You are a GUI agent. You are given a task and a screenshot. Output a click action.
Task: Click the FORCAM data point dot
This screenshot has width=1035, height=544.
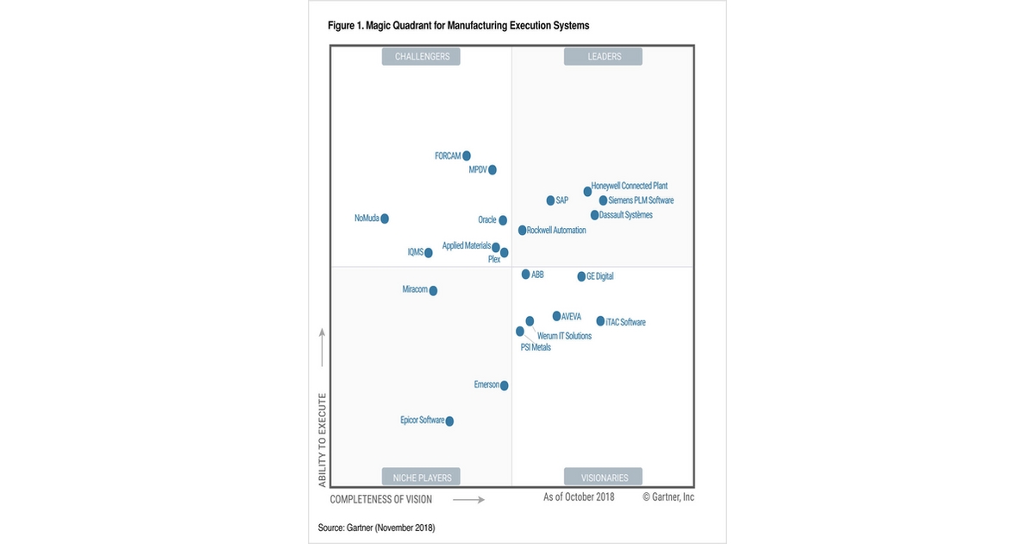pyautogui.click(x=467, y=156)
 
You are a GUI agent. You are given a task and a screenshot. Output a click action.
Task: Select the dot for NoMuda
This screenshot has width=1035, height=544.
pyautogui.click(x=385, y=218)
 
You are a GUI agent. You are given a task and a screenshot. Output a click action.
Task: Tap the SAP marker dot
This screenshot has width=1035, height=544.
pyautogui.click(x=550, y=200)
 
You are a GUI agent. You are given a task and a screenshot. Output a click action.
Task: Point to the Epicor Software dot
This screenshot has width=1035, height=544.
pyautogui.click(x=449, y=421)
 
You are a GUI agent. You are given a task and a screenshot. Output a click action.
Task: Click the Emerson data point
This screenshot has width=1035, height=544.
pyautogui.click(x=505, y=385)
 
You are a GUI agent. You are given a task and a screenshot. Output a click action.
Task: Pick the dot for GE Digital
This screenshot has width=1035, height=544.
pyautogui.click(x=581, y=276)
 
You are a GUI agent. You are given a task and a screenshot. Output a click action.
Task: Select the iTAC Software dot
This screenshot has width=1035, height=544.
pyautogui.click(x=600, y=321)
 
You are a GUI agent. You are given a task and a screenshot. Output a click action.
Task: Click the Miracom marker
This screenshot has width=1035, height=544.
pyautogui.click(x=433, y=291)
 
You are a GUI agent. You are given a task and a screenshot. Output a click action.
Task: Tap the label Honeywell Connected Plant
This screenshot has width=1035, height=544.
pyautogui.click(x=630, y=186)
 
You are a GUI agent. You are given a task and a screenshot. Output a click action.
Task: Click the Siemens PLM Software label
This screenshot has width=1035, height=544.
pyautogui.click(x=641, y=200)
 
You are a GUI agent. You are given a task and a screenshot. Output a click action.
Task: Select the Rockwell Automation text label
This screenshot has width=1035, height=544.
pyautogui.click(x=556, y=231)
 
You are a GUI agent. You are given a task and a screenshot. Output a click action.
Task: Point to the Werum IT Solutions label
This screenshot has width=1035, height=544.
pyautogui.click(x=564, y=336)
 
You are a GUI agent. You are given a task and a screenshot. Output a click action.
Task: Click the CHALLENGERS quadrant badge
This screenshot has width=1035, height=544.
pyautogui.click(x=422, y=57)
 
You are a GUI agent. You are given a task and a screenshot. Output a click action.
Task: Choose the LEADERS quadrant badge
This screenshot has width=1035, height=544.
pyautogui.click(x=604, y=57)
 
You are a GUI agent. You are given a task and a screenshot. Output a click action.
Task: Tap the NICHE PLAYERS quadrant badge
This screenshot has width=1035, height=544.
pyautogui.click(x=422, y=477)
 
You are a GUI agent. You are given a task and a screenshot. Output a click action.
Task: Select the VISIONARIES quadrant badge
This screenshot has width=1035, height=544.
pyautogui.click(x=604, y=477)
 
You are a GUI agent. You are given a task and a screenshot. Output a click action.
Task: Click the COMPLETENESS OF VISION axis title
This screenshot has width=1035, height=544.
pyautogui.click(x=381, y=499)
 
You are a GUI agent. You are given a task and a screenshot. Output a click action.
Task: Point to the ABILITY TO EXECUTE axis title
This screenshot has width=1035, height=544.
pyautogui.click(x=323, y=440)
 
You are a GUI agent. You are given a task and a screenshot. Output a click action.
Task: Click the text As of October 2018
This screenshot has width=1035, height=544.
pyautogui.click(x=579, y=497)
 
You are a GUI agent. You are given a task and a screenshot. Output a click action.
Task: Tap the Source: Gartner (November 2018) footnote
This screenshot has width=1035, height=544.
pyautogui.click(x=376, y=527)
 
